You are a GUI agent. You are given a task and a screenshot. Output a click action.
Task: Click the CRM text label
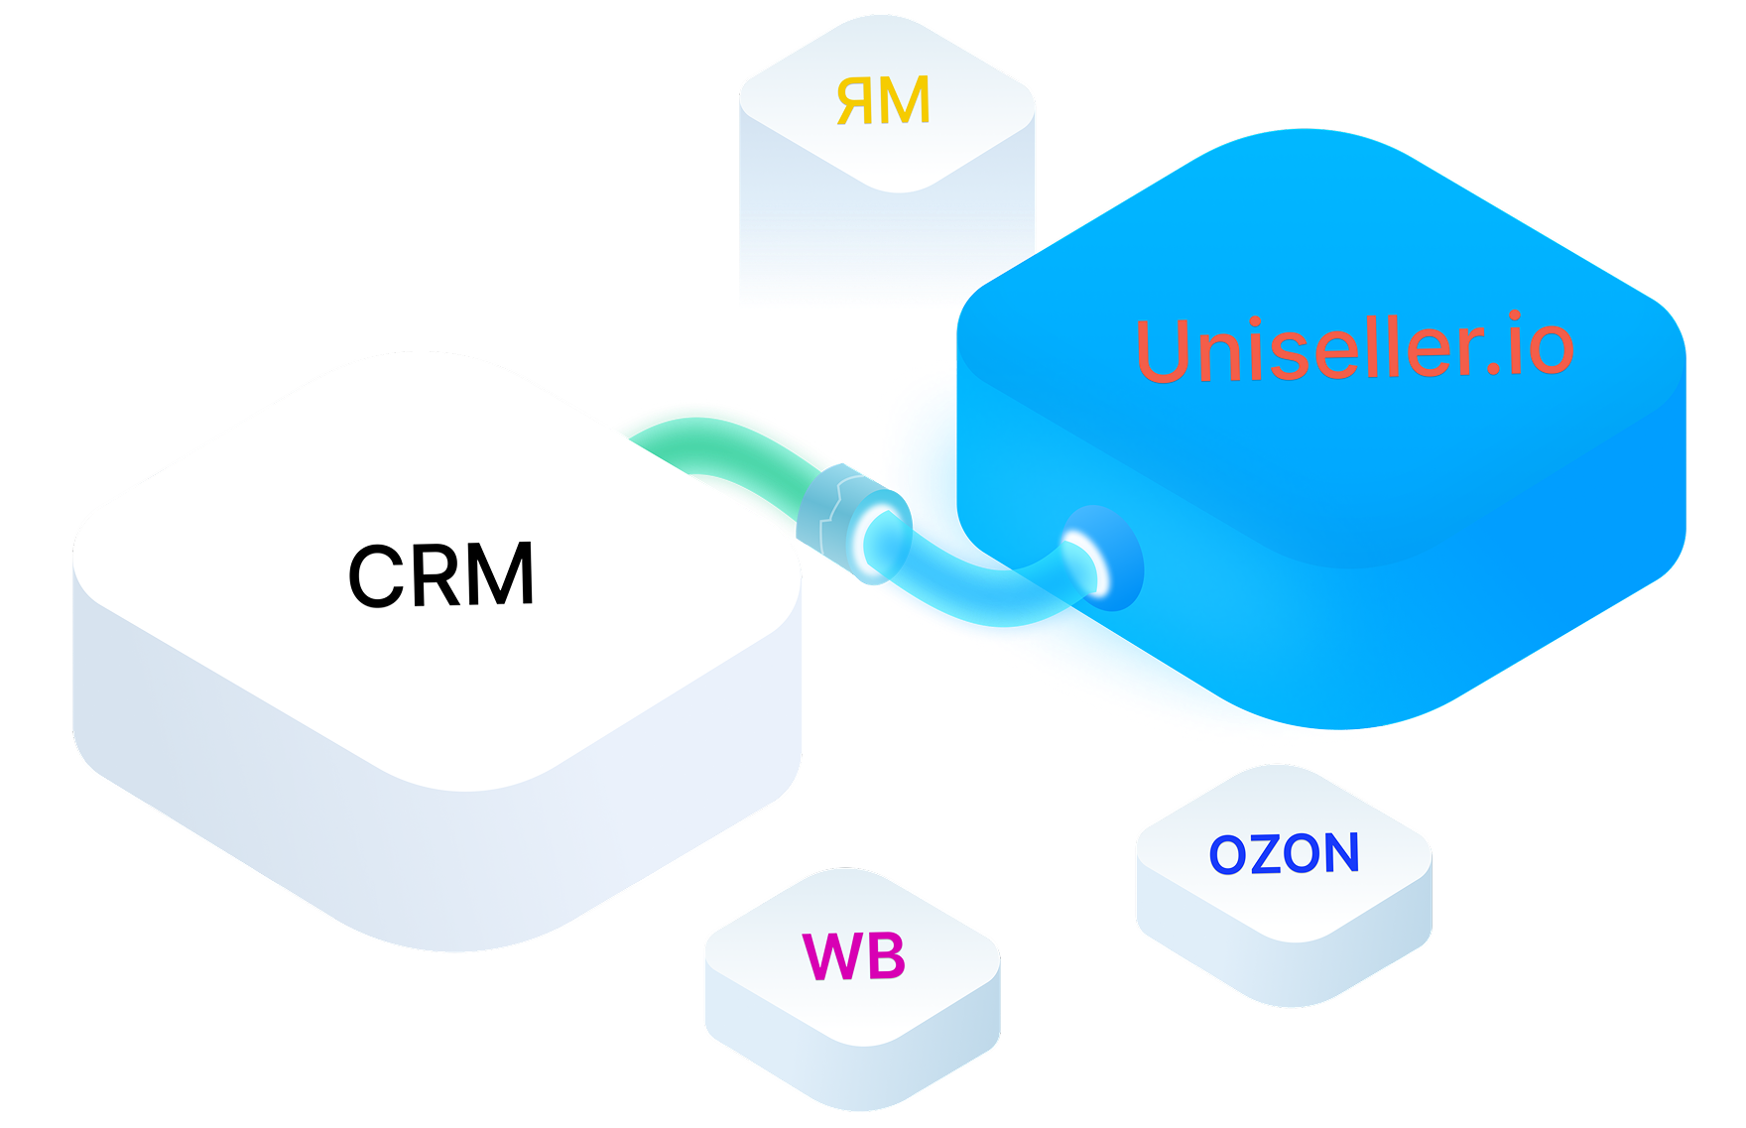point(441,574)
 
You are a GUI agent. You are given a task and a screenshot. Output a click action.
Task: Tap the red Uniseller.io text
point(1353,348)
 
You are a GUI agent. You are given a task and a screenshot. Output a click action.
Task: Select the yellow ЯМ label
point(883,101)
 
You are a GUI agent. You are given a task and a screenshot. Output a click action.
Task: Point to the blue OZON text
point(1284,854)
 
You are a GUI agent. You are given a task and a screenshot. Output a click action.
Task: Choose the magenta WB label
point(853,956)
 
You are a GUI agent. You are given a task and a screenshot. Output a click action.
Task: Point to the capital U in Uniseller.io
point(1171,352)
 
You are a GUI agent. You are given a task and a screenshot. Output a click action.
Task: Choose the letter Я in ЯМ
point(857,101)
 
